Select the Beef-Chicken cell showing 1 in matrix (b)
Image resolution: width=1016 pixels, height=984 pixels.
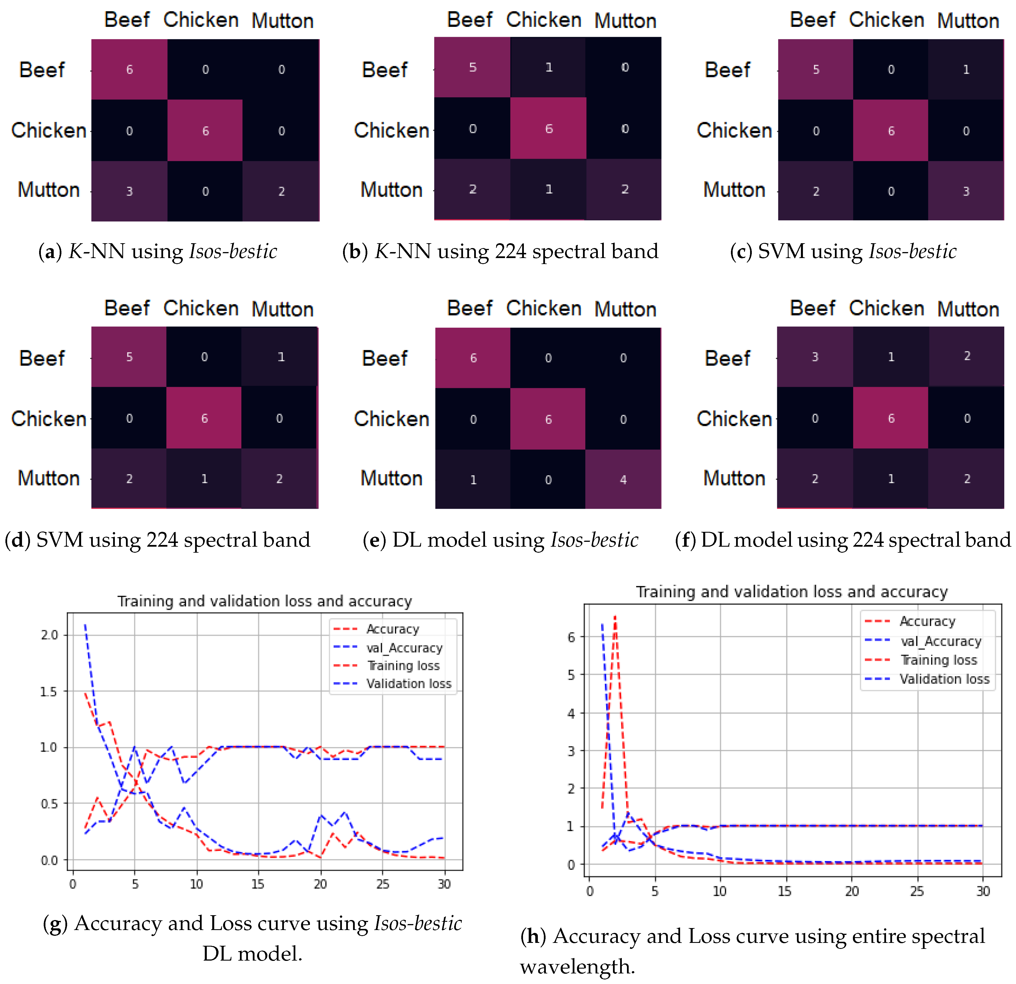tap(548, 67)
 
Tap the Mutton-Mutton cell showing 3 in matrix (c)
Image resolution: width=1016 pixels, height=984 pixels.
tap(966, 191)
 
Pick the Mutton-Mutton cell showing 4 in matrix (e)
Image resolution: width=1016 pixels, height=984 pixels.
tap(623, 479)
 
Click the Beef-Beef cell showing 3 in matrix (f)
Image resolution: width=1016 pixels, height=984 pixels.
tap(815, 357)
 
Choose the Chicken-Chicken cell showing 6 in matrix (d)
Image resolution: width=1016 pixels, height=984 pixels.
tap(204, 418)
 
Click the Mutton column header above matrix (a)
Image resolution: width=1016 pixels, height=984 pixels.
tap(282, 21)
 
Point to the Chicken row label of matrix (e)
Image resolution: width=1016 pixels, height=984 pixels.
tap(391, 419)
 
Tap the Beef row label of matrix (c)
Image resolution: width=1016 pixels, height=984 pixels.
tap(727, 70)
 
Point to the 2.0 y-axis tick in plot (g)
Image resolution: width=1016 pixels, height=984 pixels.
tap(50, 635)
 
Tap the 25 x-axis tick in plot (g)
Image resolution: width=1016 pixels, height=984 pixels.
tap(382, 884)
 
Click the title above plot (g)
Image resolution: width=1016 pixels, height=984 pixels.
tap(264, 601)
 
